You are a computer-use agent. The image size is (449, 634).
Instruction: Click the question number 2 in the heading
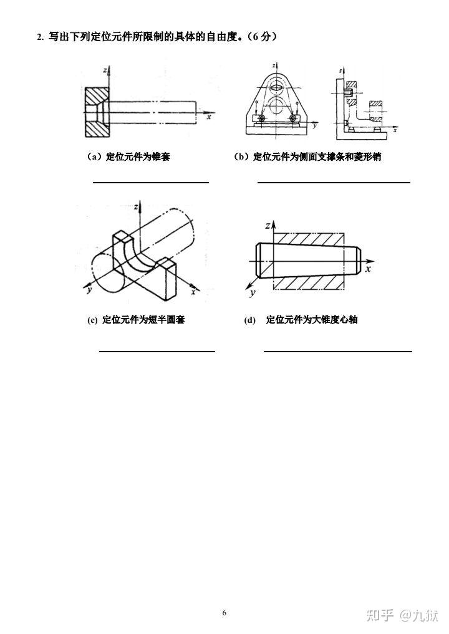tap(40, 37)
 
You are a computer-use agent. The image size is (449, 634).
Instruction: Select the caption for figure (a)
tap(128, 157)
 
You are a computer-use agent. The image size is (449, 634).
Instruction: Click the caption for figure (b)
tap(307, 157)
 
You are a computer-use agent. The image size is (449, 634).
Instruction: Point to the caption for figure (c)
tap(136, 320)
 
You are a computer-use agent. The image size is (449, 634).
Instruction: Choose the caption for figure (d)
tap(301, 320)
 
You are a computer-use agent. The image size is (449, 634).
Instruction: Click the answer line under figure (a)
tap(151, 183)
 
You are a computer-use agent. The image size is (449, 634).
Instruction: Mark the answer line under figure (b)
tap(334, 183)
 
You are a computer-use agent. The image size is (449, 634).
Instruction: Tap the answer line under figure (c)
tap(157, 352)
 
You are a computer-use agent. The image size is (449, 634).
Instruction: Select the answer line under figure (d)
tap(338, 352)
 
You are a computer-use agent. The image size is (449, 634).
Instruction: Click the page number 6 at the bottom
tap(224, 613)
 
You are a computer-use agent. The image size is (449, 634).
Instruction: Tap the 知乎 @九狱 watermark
tap(402, 616)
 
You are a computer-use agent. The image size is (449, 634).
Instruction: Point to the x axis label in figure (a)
tap(209, 117)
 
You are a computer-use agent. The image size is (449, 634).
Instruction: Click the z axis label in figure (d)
tap(268, 226)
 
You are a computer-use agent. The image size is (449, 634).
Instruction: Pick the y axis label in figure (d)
tap(253, 292)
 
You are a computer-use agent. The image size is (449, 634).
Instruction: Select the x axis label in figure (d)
tap(368, 269)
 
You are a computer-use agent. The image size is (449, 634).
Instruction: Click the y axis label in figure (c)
tap(89, 289)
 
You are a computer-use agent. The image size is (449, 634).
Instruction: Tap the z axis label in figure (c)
tap(136, 207)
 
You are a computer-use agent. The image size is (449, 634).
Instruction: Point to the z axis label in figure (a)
tap(105, 71)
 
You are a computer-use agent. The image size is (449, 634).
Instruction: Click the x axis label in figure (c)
tap(193, 291)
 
